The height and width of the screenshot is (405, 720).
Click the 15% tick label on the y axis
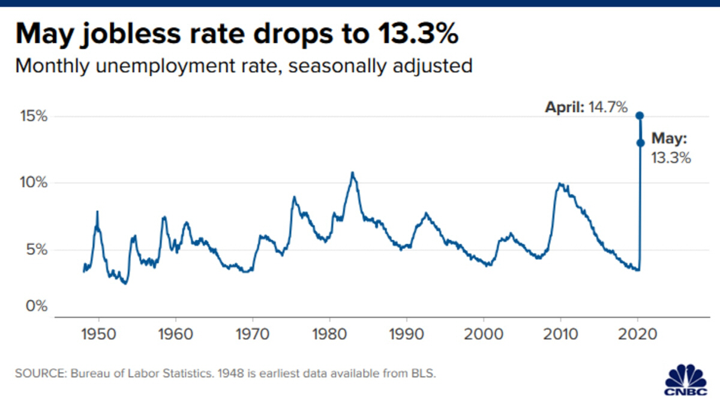coord(31,116)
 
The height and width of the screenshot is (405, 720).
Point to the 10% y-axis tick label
coord(31,182)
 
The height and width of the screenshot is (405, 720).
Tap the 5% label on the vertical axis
coord(34,250)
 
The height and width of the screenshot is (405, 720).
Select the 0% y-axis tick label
coord(34,307)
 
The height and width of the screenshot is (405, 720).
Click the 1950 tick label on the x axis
coord(98,331)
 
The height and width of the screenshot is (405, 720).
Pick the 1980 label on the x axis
coord(329,331)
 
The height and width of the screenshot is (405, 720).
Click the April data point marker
coord(640,115)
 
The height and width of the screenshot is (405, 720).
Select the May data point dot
coord(640,143)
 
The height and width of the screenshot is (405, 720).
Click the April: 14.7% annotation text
coord(586,108)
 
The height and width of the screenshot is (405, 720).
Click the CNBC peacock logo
coord(686,379)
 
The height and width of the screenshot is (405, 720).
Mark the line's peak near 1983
coord(352,173)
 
